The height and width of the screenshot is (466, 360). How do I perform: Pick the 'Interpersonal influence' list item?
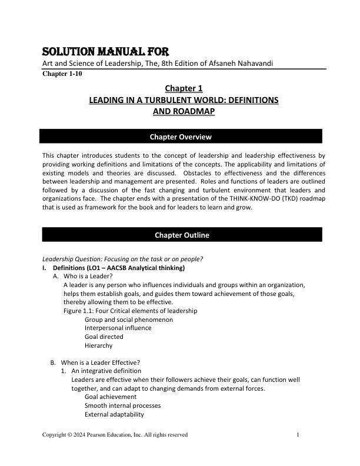coord(118,328)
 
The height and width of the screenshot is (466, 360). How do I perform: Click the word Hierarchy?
coord(98,345)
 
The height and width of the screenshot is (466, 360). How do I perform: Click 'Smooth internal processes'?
coord(122,405)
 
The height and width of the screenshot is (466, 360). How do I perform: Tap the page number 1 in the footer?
coord(299,435)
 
